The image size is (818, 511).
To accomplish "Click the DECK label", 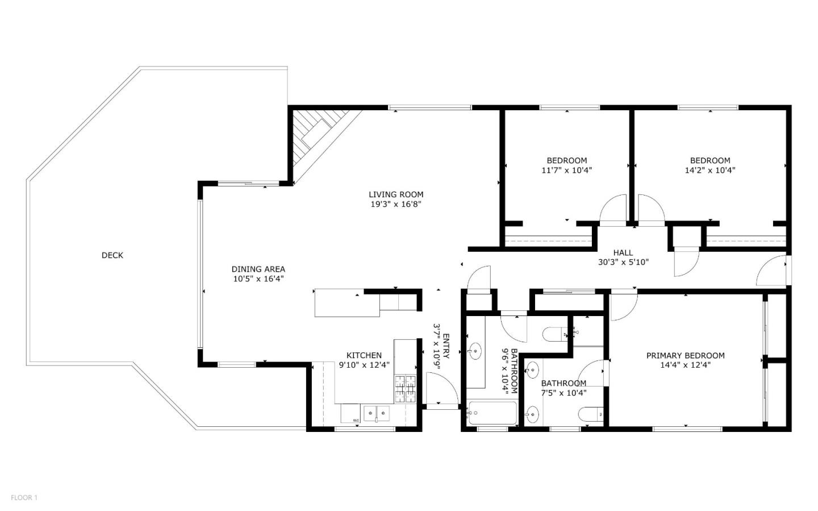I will coord(112,255).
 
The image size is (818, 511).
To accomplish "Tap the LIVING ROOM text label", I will coord(396,194).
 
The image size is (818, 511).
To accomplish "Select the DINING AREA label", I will coord(258,269).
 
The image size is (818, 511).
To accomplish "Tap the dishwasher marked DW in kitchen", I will coord(350,414).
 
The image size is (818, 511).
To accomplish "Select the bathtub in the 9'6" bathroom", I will coord(492,413).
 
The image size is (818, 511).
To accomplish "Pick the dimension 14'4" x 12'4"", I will coord(685,365).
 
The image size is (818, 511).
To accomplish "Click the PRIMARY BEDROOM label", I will coord(685,355).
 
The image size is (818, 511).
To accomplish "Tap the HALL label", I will coord(623,252).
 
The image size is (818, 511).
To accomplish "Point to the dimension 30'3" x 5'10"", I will coord(623,262).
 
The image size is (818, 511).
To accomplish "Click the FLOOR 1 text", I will coord(24,497).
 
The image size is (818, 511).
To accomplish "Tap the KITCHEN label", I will coord(364,355).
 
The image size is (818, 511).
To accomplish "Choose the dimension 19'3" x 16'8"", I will coord(396,204).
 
